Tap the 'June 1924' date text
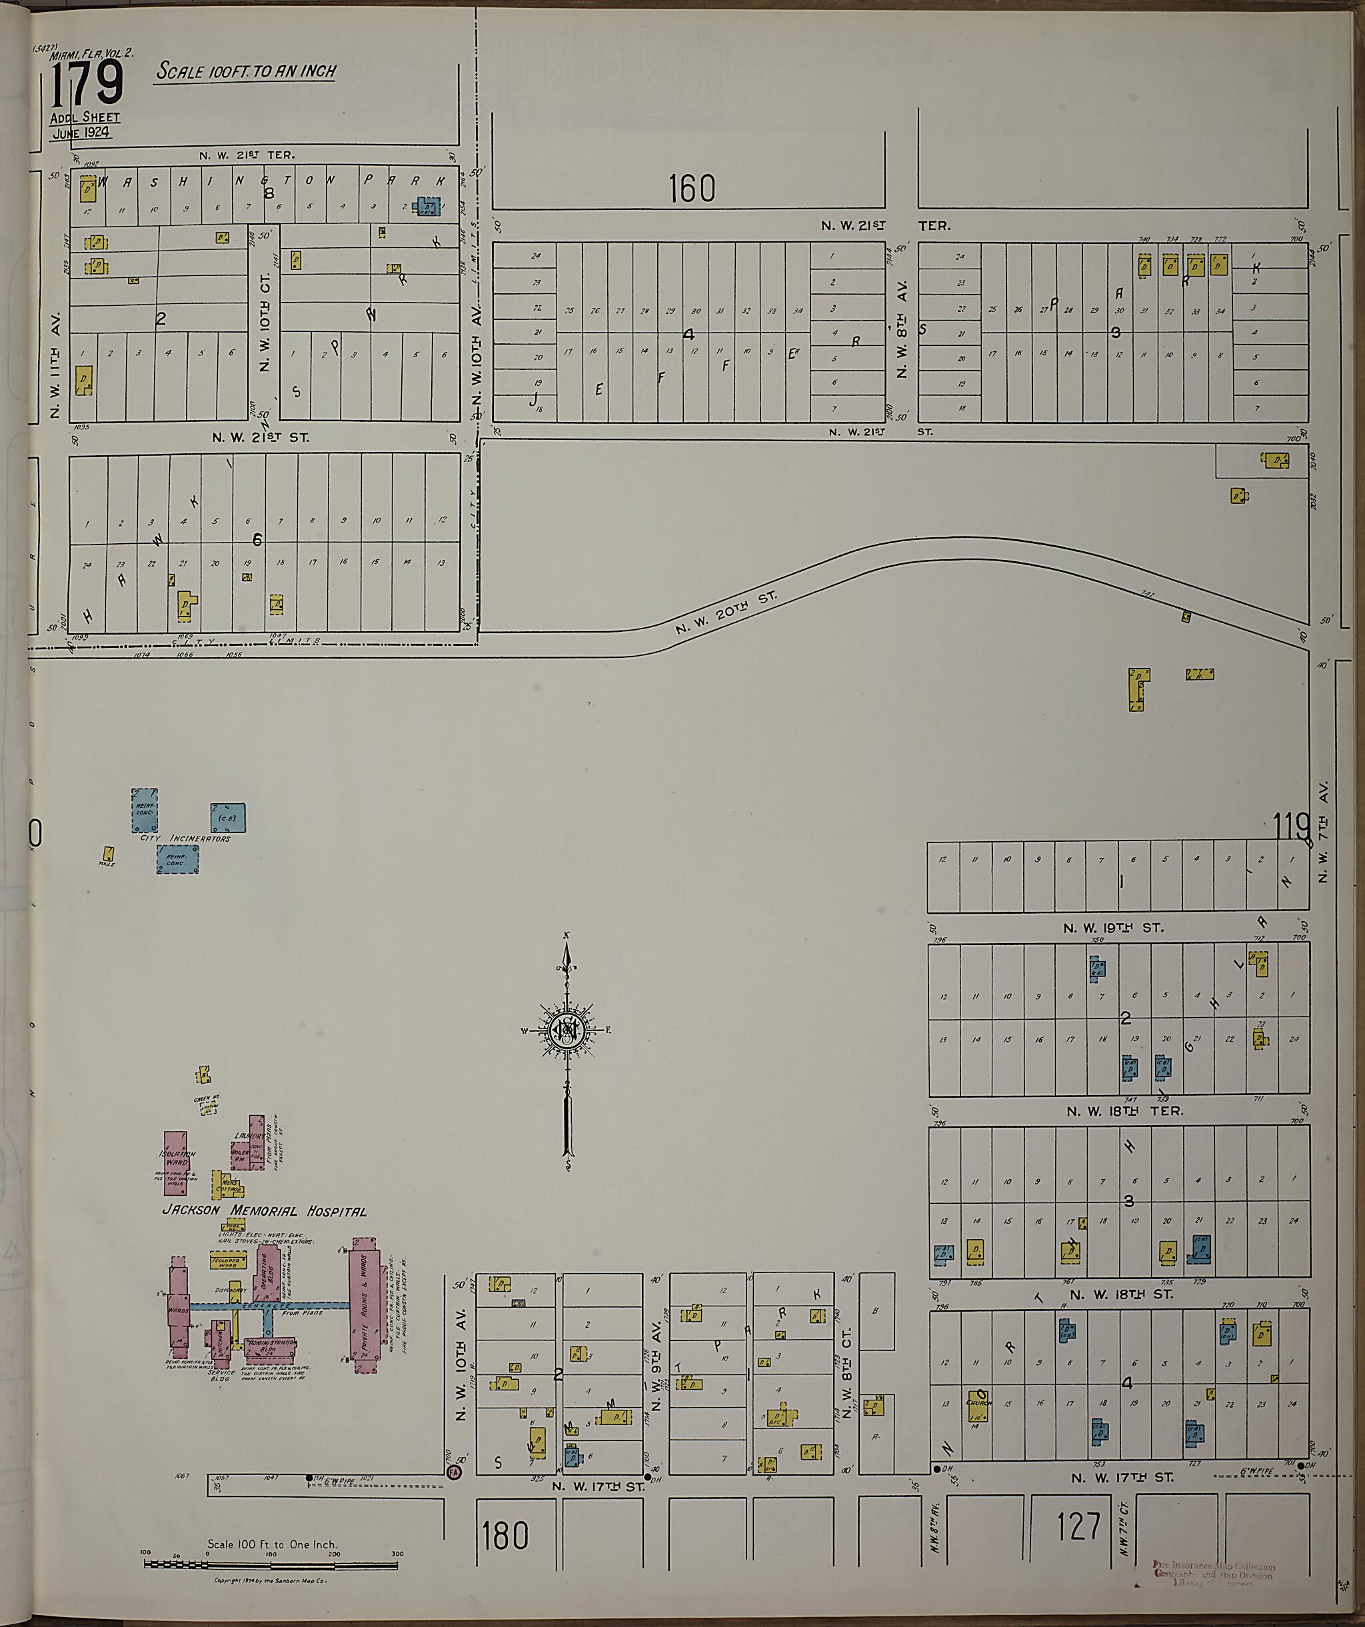tap(81, 133)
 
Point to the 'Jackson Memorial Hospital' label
tap(264, 1211)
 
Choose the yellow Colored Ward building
tap(229, 1260)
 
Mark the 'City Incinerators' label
tap(185, 838)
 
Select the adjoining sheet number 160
tap(691, 188)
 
